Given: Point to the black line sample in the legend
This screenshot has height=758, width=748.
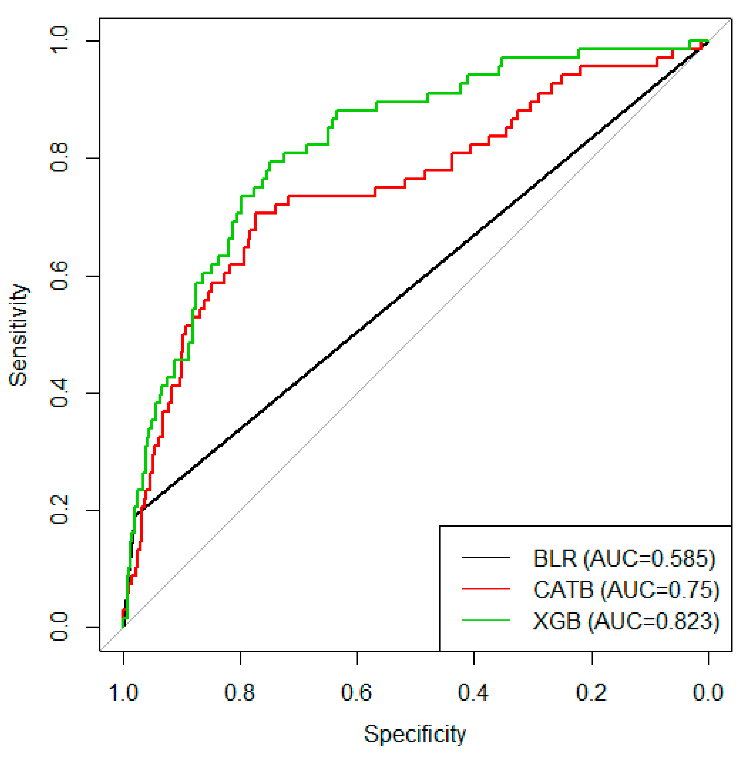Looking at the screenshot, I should pyautogui.click(x=486, y=557).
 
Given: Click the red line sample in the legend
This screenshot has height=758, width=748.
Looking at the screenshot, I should pyautogui.click(x=486, y=589).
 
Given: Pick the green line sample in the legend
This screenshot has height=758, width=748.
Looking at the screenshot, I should pyautogui.click(x=486, y=620).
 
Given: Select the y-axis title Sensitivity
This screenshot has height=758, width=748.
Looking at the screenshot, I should pyautogui.click(x=19, y=335).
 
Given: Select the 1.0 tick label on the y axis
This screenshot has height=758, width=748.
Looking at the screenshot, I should pyautogui.click(x=60, y=41).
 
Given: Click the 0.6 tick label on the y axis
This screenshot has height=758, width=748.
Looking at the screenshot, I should pyautogui.click(x=60, y=276).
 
